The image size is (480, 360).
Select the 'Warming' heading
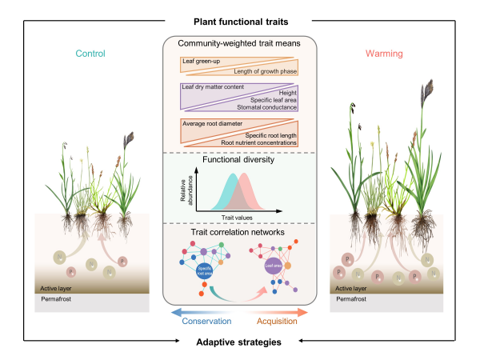click(x=389, y=54)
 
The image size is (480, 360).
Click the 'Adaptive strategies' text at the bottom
click(x=239, y=342)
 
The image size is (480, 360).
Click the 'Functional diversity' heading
click(x=239, y=159)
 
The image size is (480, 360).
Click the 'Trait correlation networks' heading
click(x=239, y=232)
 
